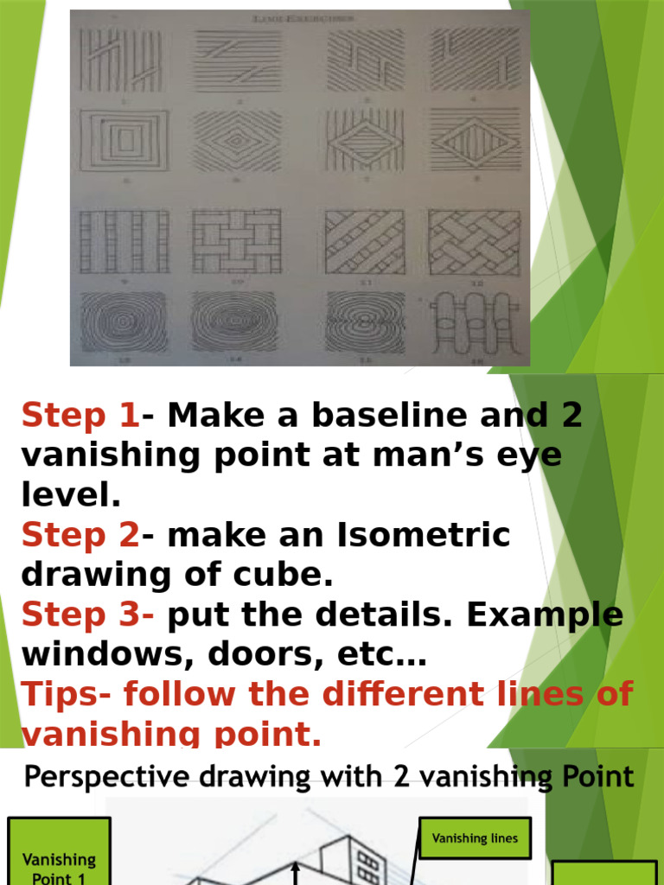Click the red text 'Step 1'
tap(80, 416)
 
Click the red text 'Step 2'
tap(80, 536)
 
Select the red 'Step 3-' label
tap(87, 615)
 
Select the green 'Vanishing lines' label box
tap(474, 838)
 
